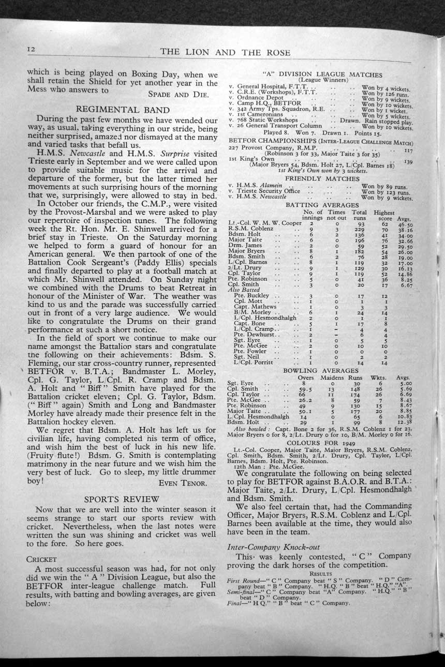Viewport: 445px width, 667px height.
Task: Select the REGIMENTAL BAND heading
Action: coord(123,109)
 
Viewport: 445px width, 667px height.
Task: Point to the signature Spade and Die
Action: coord(179,95)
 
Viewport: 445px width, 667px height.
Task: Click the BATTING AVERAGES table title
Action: coord(316,205)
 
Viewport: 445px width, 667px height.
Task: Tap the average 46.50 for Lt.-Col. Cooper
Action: coord(405,225)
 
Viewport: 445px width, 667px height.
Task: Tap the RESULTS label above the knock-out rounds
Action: coord(320,573)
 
